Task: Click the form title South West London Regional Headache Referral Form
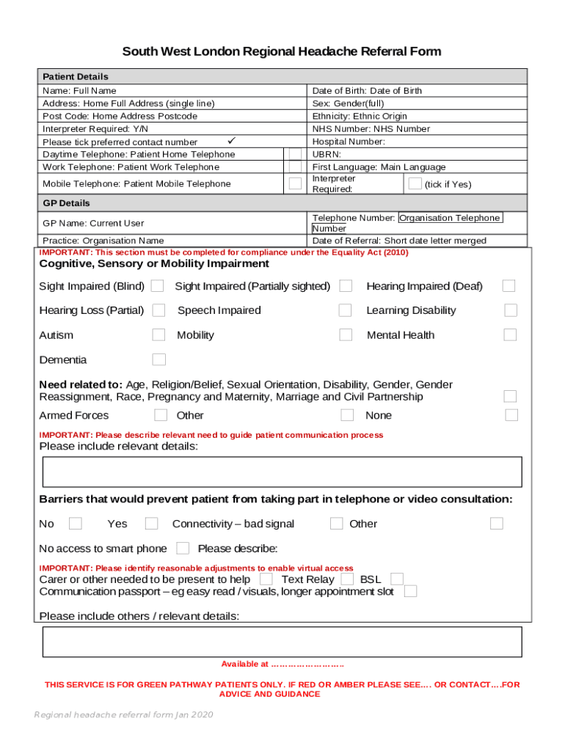click(282, 51)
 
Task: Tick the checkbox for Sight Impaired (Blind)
click(158, 286)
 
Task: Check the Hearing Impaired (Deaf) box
click(508, 286)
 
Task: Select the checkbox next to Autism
click(158, 335)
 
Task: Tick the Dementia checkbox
click(158, 359)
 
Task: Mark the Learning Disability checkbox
click(510, 310)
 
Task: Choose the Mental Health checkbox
click(510, 335)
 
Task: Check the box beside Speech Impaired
click(345, 310)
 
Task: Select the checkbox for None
click(511, 415)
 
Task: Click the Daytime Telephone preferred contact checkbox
click(295, 154)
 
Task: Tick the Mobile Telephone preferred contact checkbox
click(295, 183)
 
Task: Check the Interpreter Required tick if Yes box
click(415, 183)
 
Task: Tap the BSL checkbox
click(397, 579)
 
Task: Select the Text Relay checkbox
click(347, 579)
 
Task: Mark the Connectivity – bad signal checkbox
click(336, 524)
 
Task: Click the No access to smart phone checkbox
click(183, 548)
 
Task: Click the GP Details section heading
click(66, 203)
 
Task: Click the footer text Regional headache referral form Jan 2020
click(123, 715)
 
